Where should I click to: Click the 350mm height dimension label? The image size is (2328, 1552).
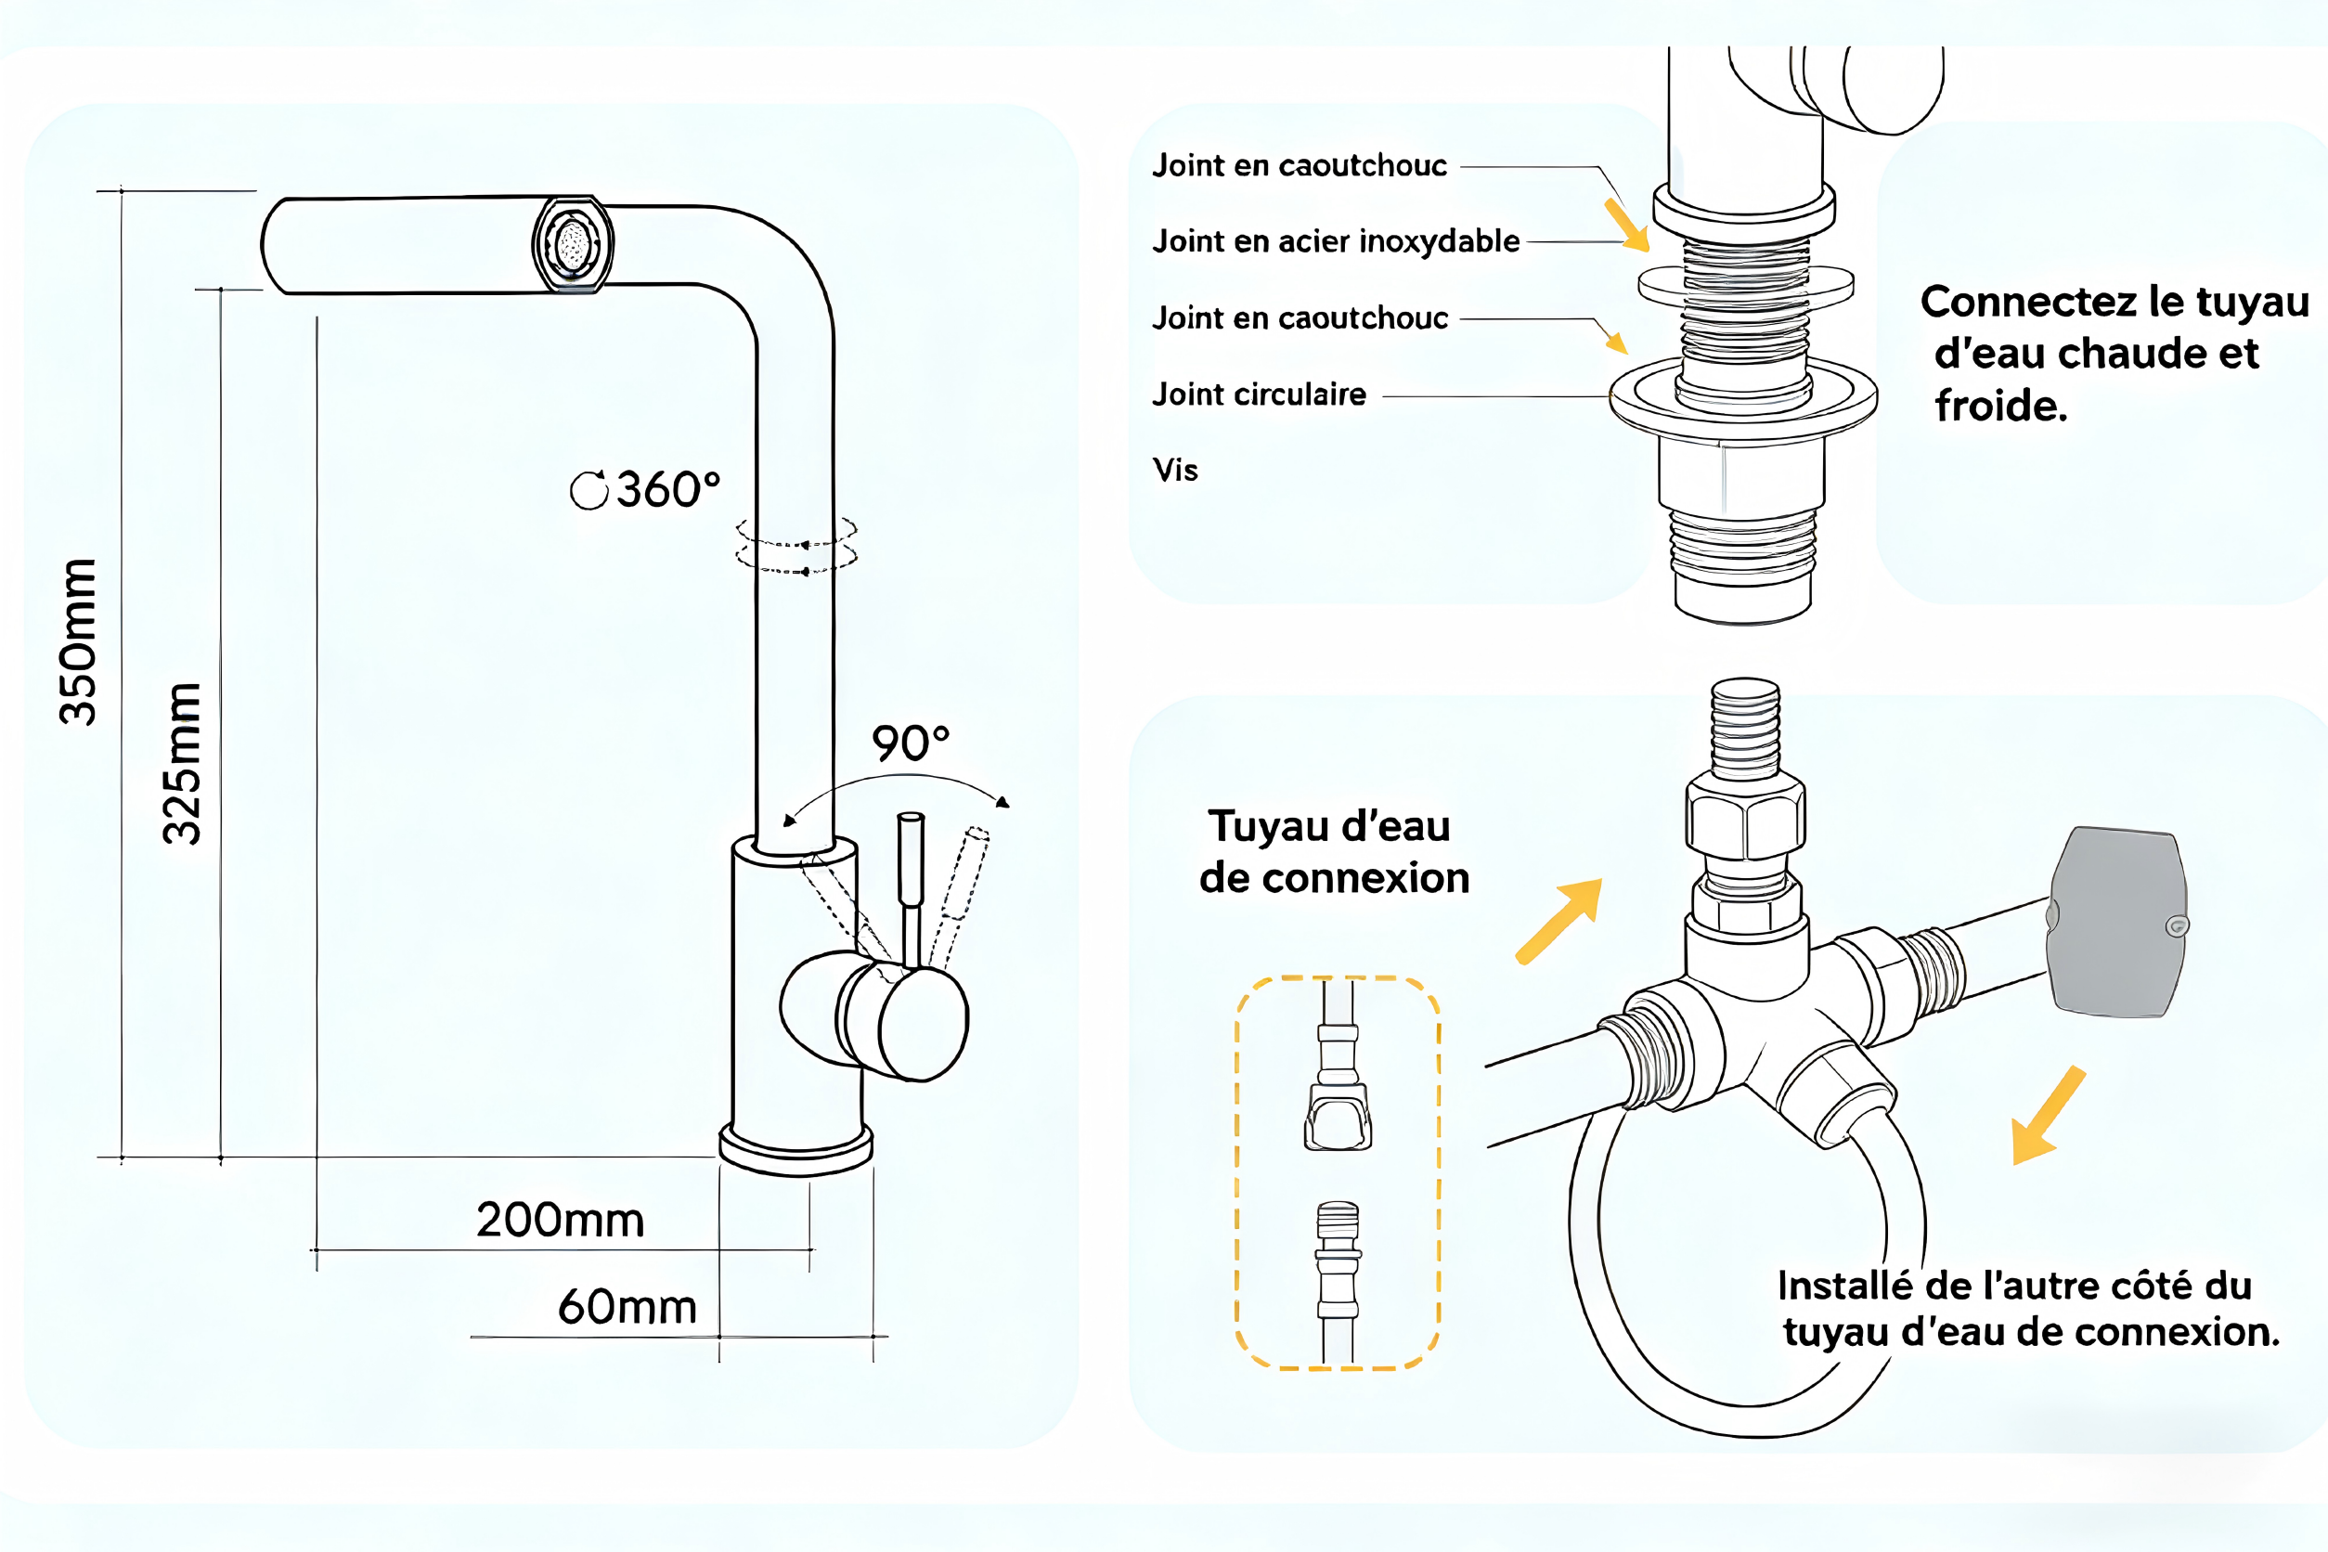tap(78, 641)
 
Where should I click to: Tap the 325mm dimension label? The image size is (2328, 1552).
tap(182, 763)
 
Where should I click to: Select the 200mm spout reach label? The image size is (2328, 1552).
tap(561, 1220)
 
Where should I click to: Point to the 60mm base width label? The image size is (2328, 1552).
tap(627, 1307)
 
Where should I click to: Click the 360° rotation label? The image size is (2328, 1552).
tap(668, 489)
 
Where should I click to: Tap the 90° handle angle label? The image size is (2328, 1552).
tap(911, 744)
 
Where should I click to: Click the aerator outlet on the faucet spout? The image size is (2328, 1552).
tap(572, 244)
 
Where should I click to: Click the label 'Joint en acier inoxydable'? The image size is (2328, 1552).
tap(1337, 240)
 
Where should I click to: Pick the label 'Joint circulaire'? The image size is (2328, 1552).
tap(1259, 394)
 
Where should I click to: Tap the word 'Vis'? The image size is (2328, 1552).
tap(1175, 471)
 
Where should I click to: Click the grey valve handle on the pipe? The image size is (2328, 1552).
tap(2117, 923)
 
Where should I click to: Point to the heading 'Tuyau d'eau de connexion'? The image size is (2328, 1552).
tap(1333, 851)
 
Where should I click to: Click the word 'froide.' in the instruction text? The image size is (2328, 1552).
tap(2001, 406)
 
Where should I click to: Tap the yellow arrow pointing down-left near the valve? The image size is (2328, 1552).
tap(2047, 1117)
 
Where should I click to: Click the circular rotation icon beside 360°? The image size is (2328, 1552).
tap(588, 490)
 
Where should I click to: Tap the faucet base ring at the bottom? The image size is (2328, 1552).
tap(795, 1151)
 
